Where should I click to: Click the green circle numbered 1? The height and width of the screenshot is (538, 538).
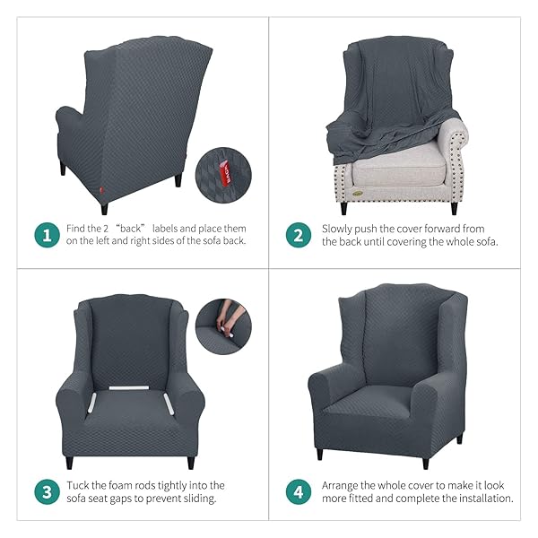pyautogui.click(x=48, y=235)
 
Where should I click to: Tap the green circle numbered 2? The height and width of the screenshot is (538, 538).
pyautogui.click(x=299, y=235)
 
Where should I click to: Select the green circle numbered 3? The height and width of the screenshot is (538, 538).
pyautogui.click(x=48, y=491)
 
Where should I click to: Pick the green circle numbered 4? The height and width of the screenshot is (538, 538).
pyautogui.click(x=299, y=491)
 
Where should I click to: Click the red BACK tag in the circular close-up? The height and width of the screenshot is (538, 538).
pyautogui.click(x=225, y=174)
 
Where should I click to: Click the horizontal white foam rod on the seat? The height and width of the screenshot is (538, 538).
pyautogui.click(x=129, y=388)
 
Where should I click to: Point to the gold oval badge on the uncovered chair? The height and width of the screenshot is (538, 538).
pyautogui.click(x=357, y=194)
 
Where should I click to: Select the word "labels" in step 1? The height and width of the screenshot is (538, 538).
pyautogui.click(x=165, y=229)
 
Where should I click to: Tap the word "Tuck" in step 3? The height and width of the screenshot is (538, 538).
pyautogui.click(x=77, y=485)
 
